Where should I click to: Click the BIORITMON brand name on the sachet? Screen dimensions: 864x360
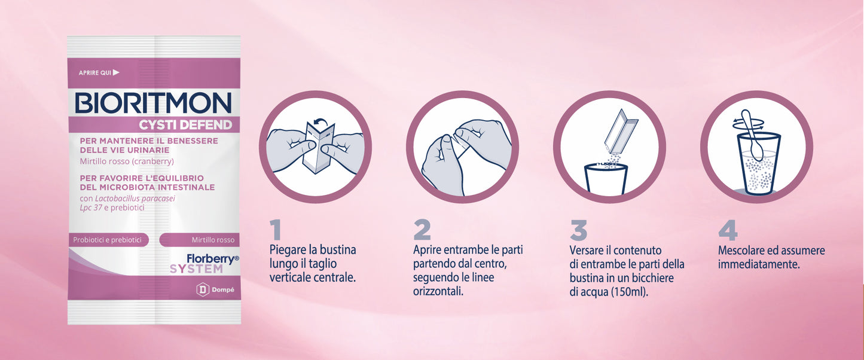tap(154, 103)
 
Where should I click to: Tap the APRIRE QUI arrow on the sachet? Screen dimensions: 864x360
tap(116, 72)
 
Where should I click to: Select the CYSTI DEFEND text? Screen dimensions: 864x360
tap(185, 125)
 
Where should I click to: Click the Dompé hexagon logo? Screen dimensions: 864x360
tap(203, 290)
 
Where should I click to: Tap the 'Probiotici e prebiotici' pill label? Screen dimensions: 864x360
tap(108, 240)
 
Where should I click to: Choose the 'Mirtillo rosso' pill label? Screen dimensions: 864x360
tap(200, 240)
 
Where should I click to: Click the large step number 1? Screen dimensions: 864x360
tap(276, 230)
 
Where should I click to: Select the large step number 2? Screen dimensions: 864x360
tap(422, 230)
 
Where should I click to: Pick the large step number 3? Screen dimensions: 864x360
tap(579, 230)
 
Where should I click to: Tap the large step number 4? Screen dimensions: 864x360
tap(728, 230)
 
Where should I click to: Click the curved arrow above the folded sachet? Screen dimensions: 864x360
tap(320, 123)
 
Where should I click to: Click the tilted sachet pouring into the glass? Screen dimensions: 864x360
tap(621, 131)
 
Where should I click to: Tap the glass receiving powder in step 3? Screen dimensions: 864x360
tap(606, 178)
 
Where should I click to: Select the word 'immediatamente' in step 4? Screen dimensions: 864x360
tap(759, 264)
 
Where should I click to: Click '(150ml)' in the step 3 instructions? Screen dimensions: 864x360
tap(630, 292)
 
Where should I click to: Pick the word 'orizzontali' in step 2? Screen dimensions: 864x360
tap(438, 291)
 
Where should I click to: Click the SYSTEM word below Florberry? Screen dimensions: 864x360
tap(196, 269)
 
